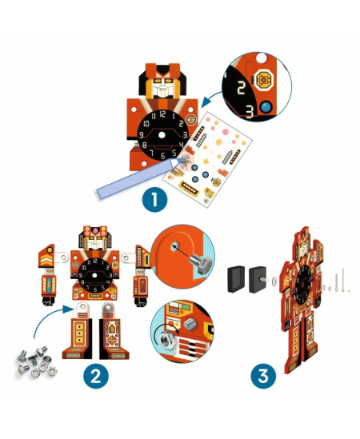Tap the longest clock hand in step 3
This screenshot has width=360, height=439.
click(347, 279)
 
